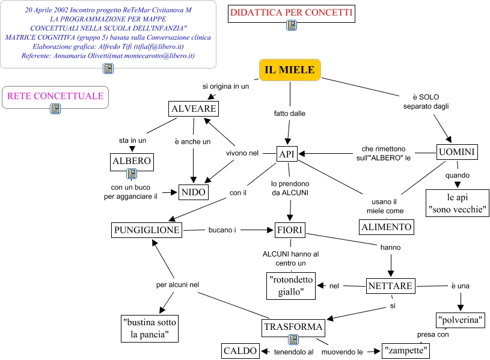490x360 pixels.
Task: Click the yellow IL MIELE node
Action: point(290,70)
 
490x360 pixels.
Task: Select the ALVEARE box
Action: point(194,109)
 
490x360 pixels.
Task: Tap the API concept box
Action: point(287,154)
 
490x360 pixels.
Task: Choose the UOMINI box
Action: point(457,152)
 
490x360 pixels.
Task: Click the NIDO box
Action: point(194,192)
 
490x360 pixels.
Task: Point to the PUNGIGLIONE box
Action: point(147,230)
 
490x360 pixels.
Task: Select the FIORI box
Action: point(290,230)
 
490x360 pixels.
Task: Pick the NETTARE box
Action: point(391,286)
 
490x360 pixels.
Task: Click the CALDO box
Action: point(240,351)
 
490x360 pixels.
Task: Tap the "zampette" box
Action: point(406,350)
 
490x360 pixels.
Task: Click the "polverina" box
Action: point(461,320)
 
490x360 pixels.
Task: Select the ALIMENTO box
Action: point(387,227)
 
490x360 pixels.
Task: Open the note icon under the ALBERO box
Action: point(132,174)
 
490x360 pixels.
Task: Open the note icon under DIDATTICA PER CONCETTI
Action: point(292,25)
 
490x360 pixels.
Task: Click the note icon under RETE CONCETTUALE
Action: point(55,108)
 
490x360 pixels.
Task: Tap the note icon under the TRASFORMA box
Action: point(293,340)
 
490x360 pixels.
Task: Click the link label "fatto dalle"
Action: point(290,114)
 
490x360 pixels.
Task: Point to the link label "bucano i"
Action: point(222,230)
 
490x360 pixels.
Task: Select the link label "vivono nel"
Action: point(242,153)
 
